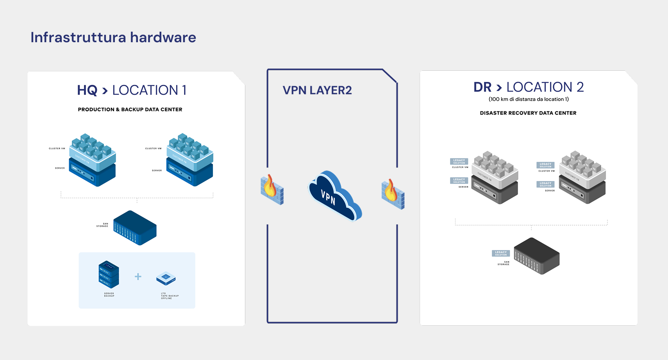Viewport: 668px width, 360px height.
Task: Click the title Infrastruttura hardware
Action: click(113, 38)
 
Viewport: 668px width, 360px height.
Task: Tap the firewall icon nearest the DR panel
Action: click(393, 194)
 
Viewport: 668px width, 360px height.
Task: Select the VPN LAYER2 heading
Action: click(317, 90)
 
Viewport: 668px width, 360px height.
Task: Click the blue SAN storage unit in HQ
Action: click(135, 228)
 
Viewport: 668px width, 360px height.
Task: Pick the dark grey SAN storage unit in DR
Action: click(537, 256)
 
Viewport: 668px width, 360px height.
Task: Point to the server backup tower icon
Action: click(109, 274)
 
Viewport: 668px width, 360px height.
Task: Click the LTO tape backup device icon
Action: click(166, 278)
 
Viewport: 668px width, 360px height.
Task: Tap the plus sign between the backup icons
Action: click(138, 277)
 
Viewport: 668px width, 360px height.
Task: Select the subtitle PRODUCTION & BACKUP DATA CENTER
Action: click(130, 109)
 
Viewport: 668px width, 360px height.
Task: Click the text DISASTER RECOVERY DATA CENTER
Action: click(528, 113)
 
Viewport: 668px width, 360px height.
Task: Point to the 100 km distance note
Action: click(529, 99)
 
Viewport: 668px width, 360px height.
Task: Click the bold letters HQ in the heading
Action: click(87, 90)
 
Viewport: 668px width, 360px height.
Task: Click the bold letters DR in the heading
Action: click(482, 87)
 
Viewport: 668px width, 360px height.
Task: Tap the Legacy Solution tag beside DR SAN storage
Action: click(501, 253)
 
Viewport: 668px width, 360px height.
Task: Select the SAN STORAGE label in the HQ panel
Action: click(102, 225)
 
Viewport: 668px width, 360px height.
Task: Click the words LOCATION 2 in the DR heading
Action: click(545, 87)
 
